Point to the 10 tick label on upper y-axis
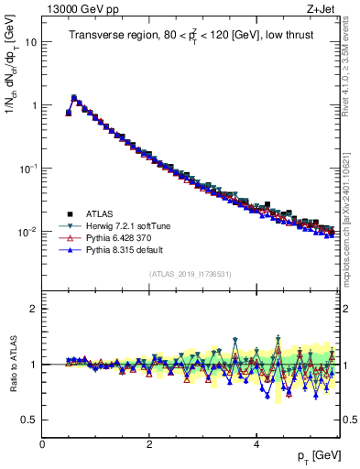point(30,42)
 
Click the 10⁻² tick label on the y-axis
point(27,232)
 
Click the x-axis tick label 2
point(149,443)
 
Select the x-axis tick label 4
point(256,443)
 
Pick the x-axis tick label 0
point(43,443)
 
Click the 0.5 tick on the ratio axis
point(29,420)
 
